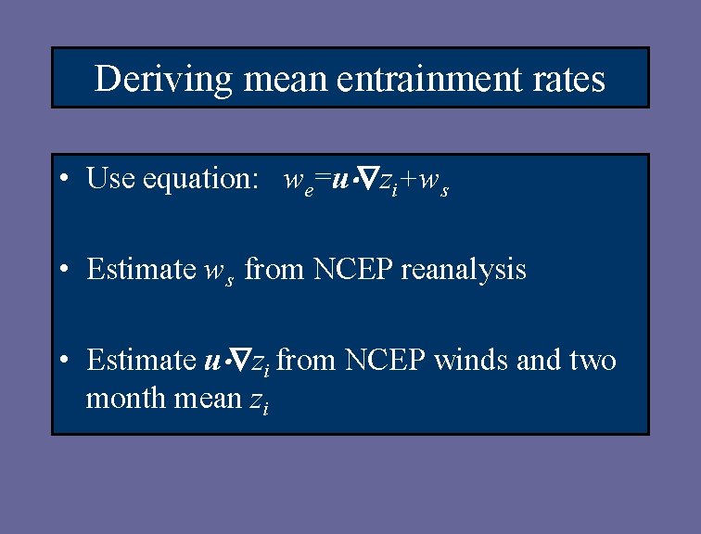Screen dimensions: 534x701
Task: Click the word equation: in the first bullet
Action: click(201, 179)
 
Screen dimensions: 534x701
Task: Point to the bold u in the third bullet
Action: click(210, 360)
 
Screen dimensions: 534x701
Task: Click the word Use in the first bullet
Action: click(110, 178)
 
